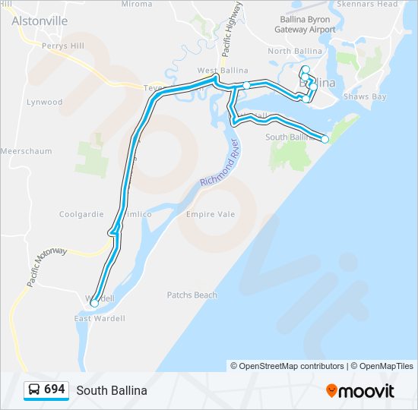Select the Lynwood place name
[x=44, y=102]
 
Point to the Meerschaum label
[x=27, y=151]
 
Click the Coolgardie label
[x=81, y=214]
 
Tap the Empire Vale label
[x=211, y=214]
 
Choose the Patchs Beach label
[x=192, y=295]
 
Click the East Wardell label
[x=99, y=318]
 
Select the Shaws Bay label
[x=365, y=96]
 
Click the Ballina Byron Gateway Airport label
[x=305, y=25]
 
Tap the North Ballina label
[x=295, y=51]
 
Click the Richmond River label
[x=220, y=162]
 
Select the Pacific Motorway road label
[x=47, y=266]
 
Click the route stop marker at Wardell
[x=94, y=302]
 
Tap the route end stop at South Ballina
[x=325, y=139]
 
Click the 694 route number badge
[x=46, y=389]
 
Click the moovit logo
[x=360, y=391]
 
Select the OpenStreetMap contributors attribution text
[x=287, y=366]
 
